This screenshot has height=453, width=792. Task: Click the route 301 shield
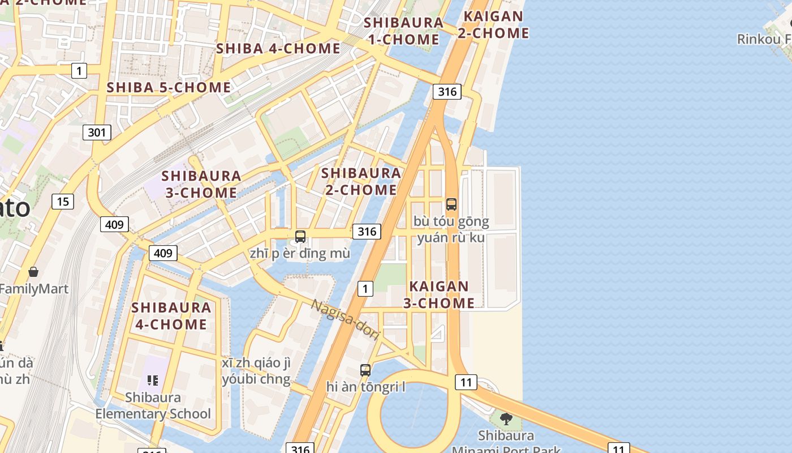pos(97,133)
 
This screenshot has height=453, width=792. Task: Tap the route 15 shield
pos(63,201)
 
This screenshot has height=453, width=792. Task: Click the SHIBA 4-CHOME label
pos(278,49)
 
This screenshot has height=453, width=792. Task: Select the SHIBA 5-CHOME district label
pos(169,88)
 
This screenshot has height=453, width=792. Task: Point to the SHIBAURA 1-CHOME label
pos(403,31)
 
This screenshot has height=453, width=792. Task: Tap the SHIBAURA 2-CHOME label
pos(361,181)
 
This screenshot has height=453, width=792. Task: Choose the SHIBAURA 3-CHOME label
pos(201,184)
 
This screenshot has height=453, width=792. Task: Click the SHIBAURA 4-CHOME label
pos(171,316)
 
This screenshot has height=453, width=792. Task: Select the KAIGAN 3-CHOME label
pos(439,294)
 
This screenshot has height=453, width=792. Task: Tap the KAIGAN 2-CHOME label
pos(493,25)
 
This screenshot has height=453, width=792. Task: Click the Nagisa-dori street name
pos(345,320)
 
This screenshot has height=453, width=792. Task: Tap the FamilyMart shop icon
pos(33,272)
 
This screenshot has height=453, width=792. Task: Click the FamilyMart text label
pos(34,289)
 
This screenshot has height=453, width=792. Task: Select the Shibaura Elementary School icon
pos(152,380)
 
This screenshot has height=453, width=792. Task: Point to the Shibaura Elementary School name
pos(153,405)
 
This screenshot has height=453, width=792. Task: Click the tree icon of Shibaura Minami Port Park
pos(506,419)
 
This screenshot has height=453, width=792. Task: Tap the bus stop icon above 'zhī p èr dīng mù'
pos(300,236)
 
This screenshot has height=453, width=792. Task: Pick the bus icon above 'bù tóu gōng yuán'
pos(451,204)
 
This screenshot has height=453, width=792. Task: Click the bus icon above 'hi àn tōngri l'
pos(365,370)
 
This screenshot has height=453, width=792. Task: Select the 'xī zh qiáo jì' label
pos(256,363)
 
